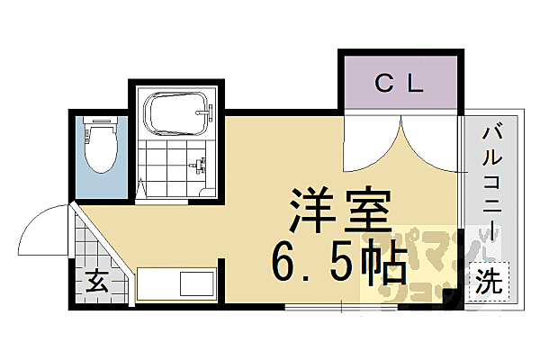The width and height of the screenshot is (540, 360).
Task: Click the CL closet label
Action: click(398, 85)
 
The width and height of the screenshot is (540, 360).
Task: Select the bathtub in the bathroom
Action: click(177, 115)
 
